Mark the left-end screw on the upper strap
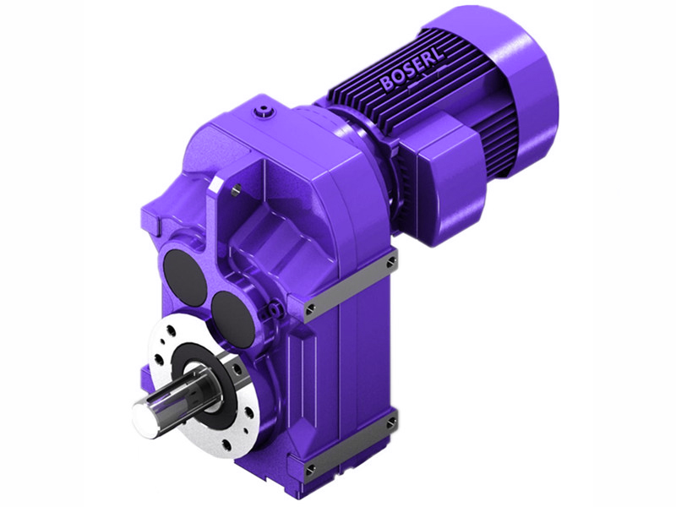312,306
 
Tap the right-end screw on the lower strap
390,421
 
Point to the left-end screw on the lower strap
310,467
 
